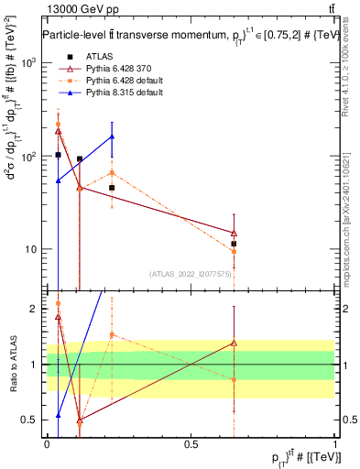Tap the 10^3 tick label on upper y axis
tap(29, 63)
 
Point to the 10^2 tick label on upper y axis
tap(29, 157)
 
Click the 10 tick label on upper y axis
tap(32, 250)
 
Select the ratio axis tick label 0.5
tap(32, 420)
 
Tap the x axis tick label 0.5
tap(191, 443)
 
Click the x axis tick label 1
tap(336, 443)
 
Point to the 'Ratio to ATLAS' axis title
tap(13, 365)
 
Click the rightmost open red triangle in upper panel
tap(235, 233)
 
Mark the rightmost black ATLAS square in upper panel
tap(235, 244)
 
